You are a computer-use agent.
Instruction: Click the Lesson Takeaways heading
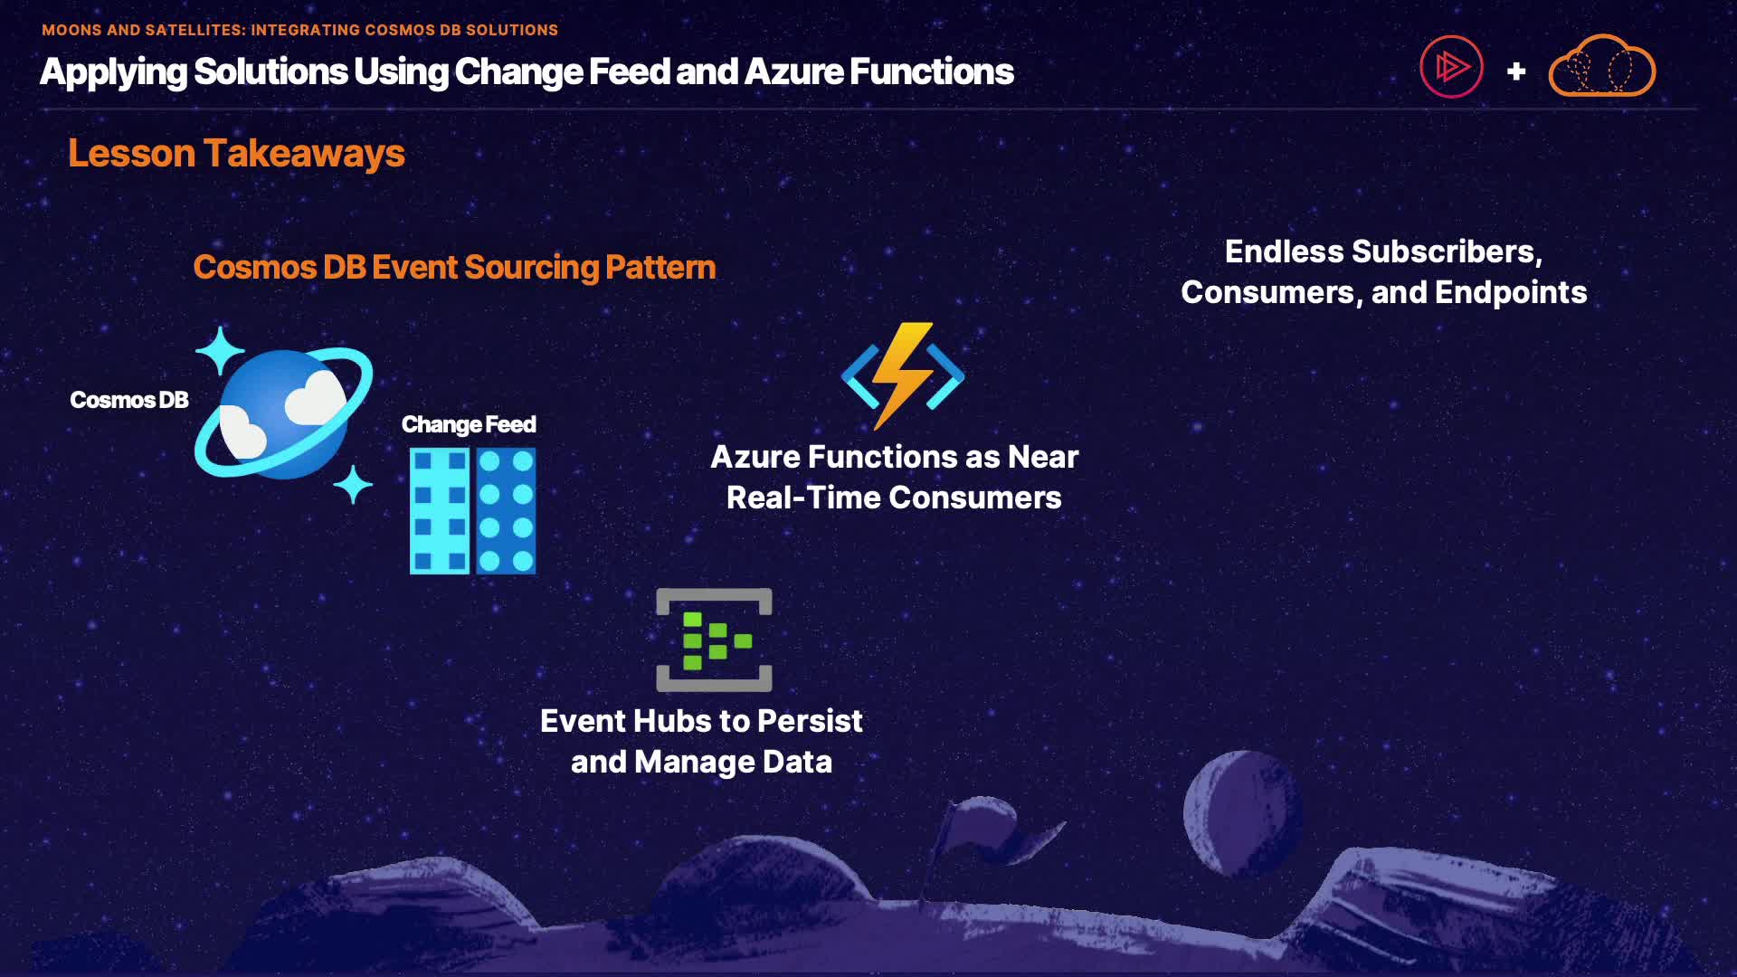tap(236, 154)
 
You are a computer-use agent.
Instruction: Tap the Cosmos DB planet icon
tap(284, 413)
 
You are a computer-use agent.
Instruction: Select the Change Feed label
tap(469, 424)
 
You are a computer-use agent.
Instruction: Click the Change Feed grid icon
tap(472, 510)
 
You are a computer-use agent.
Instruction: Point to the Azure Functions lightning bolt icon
tap(903, 375)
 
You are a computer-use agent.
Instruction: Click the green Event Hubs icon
tap(714, 640)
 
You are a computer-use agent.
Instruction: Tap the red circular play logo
tap(1451, 67)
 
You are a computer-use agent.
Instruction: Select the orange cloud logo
tap(1602, 67)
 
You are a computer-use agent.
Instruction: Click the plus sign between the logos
tap(1516, 71)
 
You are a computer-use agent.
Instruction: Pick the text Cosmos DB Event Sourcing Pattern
tap(454, 267)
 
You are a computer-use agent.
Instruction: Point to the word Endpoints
tap(1511, 292)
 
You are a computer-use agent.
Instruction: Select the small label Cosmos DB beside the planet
tap(129, 400)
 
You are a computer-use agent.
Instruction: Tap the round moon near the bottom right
tap(1243, 813)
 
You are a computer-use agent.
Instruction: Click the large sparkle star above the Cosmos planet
tap(220, 351)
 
